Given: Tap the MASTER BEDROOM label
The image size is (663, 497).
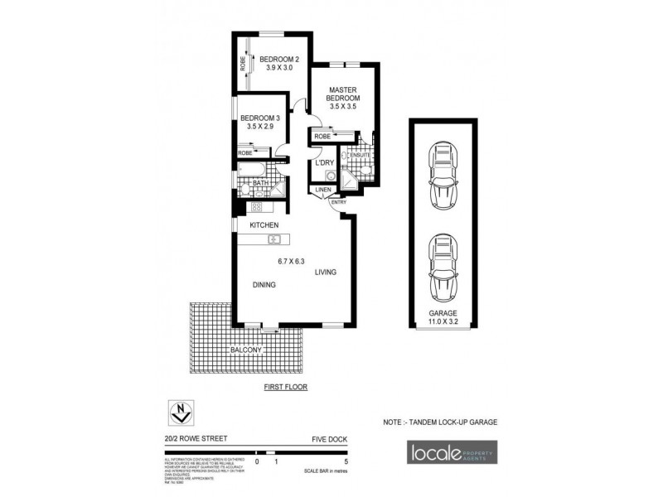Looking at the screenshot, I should pyautogui.click(x=342, y=95).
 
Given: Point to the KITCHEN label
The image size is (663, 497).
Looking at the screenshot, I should pyautogui.click(x=264, y=225).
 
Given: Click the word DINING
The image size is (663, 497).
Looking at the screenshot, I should pyautogui.click(x=264, y=285).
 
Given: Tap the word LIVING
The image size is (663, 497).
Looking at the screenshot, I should pyautogui.click(x=326, y=271).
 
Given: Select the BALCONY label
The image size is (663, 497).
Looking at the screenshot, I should pyautogui.click(x=247, y=350).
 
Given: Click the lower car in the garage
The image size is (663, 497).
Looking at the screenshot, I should pyautogui.click(x=443, y=268).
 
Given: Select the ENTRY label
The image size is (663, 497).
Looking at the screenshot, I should pyautogui.click(x=338, y=202).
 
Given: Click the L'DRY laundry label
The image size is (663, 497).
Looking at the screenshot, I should pyautogui.click(x=324, y=162).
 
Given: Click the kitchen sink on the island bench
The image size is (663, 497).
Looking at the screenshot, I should pyautogui.click(x=275, y=240).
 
